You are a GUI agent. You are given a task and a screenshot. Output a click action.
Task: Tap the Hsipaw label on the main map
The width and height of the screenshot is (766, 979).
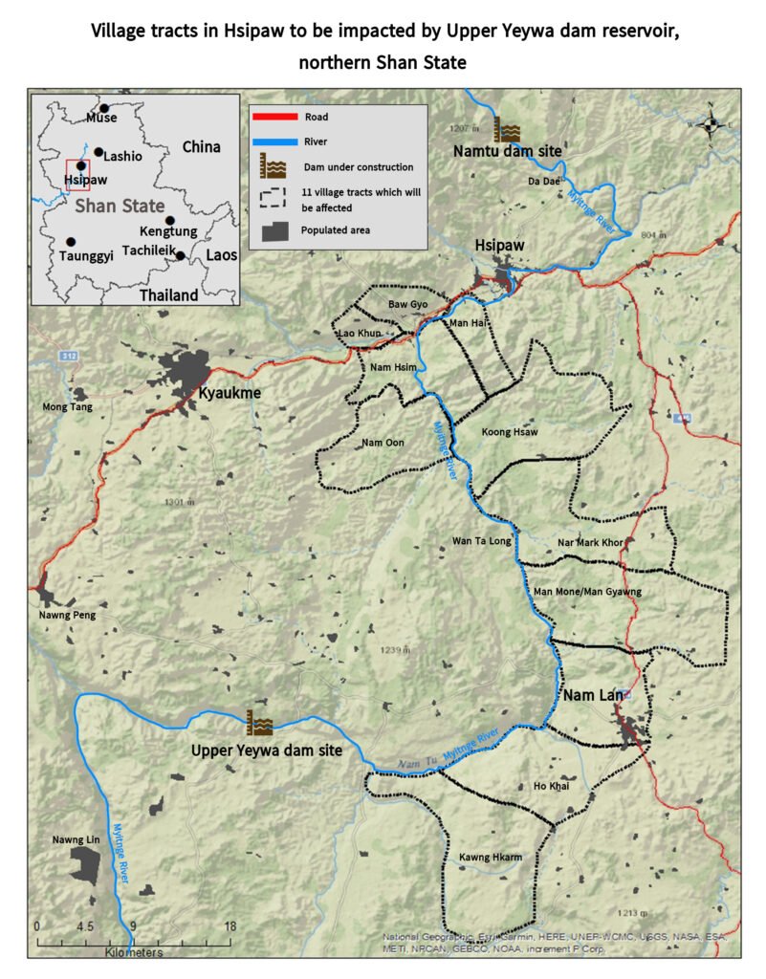coord(500,247)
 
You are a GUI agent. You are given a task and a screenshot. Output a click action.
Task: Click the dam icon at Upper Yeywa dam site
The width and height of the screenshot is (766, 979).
coord(259,721)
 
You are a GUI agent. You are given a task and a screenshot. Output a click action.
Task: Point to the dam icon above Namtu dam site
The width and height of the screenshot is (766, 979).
coord(507,130)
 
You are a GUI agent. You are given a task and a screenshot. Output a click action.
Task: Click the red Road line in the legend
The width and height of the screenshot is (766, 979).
coord(275,118)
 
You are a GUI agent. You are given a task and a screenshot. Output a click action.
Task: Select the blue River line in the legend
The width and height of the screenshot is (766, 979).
coord(275,141)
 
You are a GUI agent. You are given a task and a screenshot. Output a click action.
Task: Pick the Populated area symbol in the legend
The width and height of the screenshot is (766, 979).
coord(275,230)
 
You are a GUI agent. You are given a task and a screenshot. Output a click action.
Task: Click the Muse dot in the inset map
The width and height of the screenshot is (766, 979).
coord(104,108)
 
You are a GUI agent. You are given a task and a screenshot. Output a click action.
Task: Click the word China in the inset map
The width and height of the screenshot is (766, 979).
coord(201,146)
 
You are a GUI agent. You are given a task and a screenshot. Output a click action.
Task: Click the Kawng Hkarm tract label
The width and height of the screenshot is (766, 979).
coord(491,857)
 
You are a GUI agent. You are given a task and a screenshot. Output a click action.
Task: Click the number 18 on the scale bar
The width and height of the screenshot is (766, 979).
coord(229,926)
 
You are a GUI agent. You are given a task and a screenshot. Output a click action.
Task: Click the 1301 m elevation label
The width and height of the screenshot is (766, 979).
coord(179,502)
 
